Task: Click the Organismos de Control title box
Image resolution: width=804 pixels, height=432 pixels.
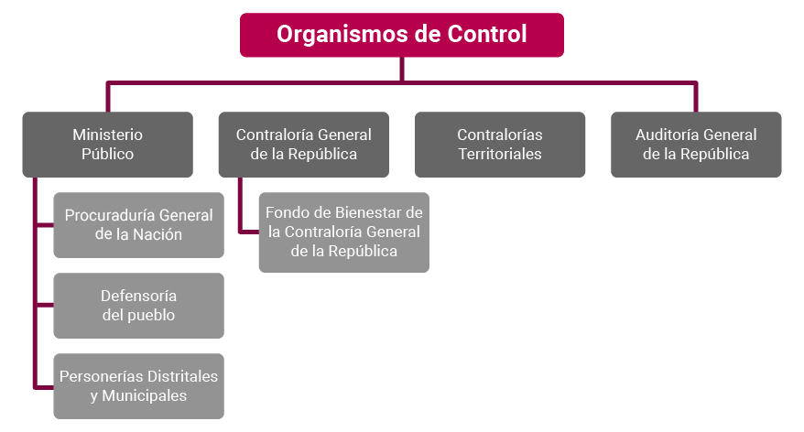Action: click(401, 35)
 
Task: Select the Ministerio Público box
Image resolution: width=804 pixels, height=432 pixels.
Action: click(108, 145)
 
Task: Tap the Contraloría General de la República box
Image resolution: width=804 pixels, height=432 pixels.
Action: click(303, 145)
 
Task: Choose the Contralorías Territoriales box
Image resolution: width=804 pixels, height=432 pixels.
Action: click(500, 145)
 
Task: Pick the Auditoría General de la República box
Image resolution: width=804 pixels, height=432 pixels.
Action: click(696, 145)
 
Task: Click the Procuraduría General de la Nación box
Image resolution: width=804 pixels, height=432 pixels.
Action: click(138, 225)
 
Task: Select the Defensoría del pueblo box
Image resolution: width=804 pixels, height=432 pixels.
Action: click(138, 306)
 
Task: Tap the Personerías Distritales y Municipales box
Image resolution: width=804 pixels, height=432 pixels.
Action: click(138, 386)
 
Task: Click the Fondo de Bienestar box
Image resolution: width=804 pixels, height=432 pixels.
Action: click(344, 232)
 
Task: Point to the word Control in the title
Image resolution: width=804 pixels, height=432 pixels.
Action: click(487, 35)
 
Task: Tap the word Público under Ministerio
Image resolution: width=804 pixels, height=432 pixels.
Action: click(108, 154)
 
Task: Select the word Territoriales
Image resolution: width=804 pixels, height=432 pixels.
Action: click(500, 154)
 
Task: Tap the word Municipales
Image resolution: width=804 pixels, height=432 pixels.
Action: click(145, 395)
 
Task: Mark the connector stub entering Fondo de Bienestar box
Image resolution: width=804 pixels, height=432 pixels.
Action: click(249, 232)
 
